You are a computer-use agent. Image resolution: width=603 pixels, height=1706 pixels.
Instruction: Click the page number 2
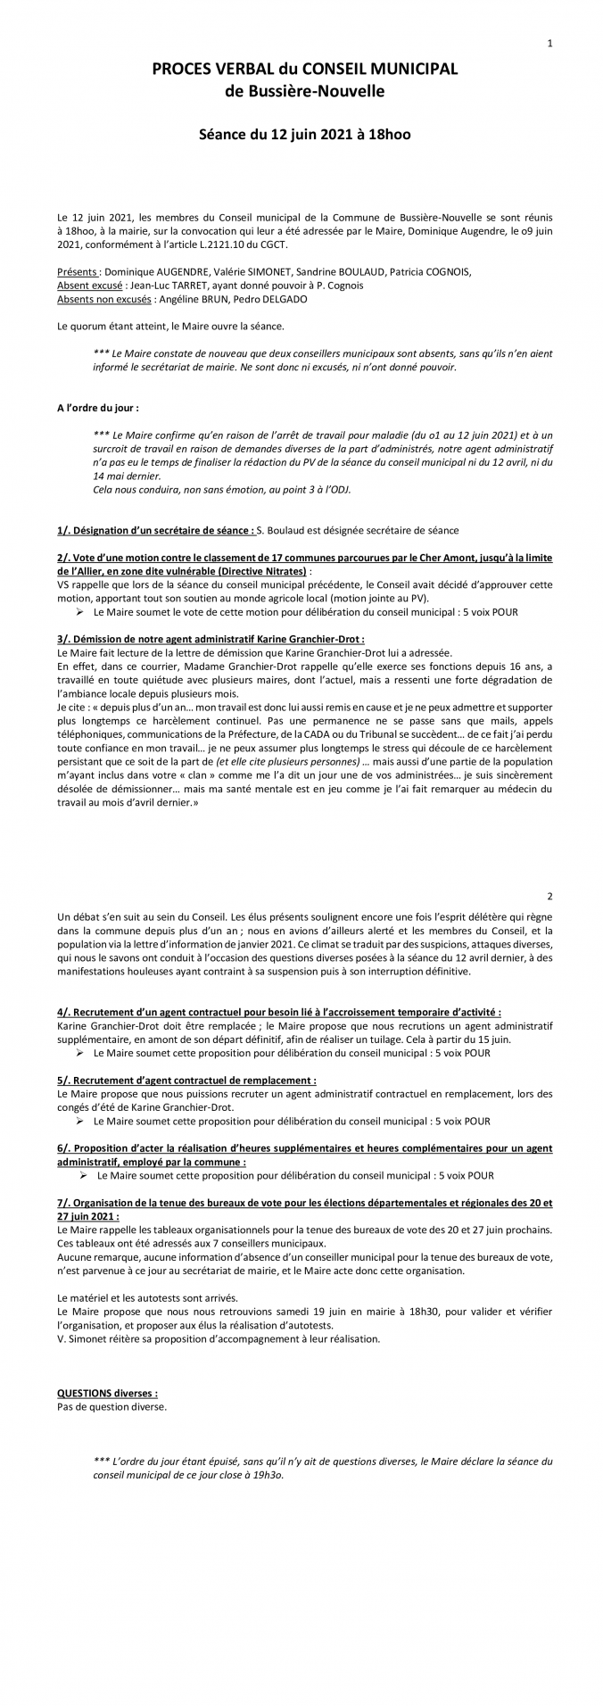click(x=549, y=895)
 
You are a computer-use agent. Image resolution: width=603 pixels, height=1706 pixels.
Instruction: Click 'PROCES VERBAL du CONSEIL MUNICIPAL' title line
click(x=304, y=69)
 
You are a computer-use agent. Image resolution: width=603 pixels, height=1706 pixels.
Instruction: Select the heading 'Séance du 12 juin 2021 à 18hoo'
click(x=304, y=135)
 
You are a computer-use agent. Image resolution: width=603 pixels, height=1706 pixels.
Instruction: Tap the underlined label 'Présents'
click(x=77, y=271)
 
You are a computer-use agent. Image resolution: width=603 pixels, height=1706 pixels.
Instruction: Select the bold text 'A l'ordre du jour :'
click(x=97, y=408)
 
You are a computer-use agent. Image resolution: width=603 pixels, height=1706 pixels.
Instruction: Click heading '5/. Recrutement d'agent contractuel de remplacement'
click(x=186, y=1079)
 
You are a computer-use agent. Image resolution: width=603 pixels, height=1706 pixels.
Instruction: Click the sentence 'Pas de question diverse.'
click(x=112, y=1406)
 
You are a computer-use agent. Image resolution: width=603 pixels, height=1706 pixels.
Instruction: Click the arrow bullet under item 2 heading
click(x=79, y=612)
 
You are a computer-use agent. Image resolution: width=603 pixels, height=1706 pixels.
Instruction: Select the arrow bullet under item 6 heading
click(x=79, y=1176)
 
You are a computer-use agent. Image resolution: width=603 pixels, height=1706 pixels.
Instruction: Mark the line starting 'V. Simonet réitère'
click(x=218, y=1338)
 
